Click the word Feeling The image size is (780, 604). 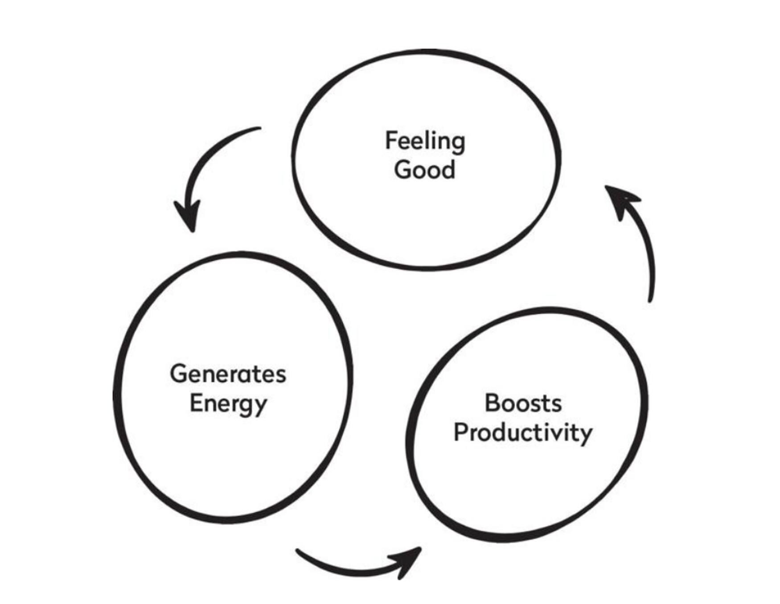[x=425, y=141]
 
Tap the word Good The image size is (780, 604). [x=425, y=170]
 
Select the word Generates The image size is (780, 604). [x=228, y=374]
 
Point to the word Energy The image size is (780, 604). [x=228, y=403]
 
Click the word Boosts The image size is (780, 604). [x=523, y=403]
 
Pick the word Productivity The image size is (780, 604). [x=523, y=432]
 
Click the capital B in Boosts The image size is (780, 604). [x=492, y=403]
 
